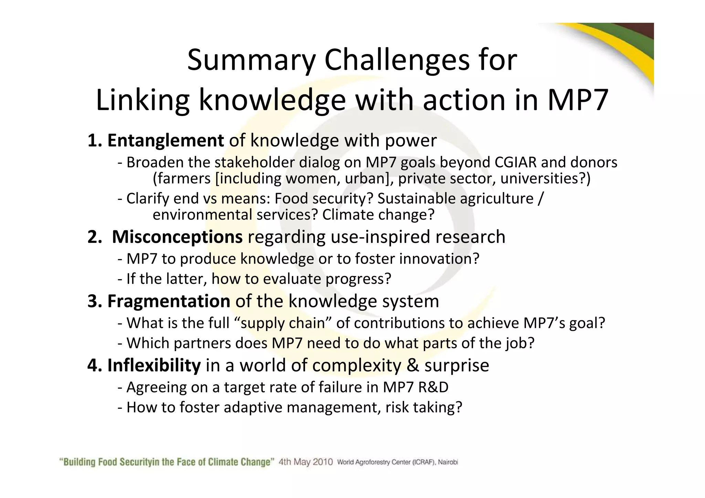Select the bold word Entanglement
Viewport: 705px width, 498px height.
click(x=166, y=140)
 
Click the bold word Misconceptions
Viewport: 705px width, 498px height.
click(x=177, y=237)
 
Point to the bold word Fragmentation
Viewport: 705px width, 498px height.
click(x=169, y=301)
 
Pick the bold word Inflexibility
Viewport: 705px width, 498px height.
click(x=154, y=365)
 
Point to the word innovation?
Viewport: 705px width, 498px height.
click(x=439, y=259)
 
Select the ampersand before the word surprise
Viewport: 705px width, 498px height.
click(x=412, y=365)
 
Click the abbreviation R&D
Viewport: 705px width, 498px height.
click(x=433, y=387)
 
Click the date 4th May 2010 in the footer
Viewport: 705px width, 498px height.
click(x=306, y=462)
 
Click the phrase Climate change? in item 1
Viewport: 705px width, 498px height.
click(x=378, y=215)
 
